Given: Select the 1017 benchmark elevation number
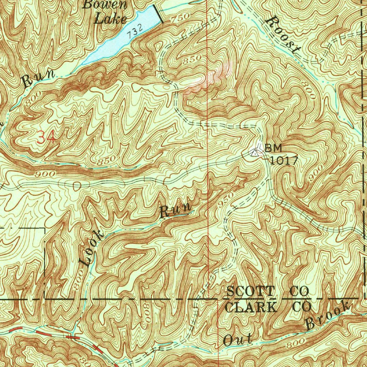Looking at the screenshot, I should click(283, 160).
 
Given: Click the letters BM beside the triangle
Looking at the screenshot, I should click(273, 148).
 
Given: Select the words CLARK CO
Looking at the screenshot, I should click(267, 307).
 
